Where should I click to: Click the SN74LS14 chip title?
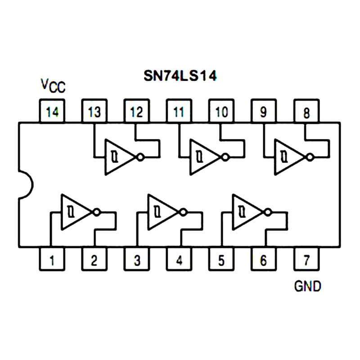[180, 76]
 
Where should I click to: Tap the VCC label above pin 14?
[53, 85]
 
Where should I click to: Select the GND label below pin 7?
[308, 286]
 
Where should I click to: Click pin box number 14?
[52, 111]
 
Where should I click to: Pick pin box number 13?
[94, 111]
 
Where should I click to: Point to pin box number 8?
[306, 111]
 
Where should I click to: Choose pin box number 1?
[52, 260]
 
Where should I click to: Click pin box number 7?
[306, 260]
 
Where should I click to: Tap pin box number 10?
[221, 111]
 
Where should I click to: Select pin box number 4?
[179, 260]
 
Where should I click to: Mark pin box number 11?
[179, 111]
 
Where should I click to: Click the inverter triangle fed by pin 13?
[118, 157]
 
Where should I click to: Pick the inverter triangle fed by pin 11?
[203, 157]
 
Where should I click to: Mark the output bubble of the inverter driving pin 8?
[310, 157]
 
